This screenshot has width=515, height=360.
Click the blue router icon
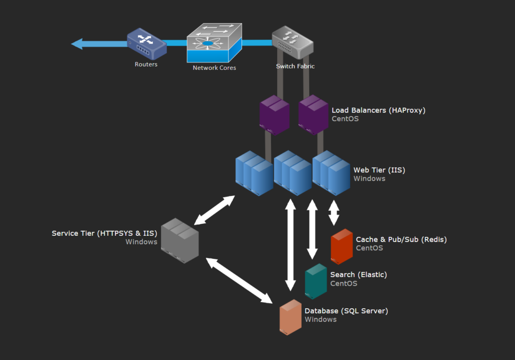pos(147,44)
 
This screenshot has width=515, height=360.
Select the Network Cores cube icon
pos(214,43)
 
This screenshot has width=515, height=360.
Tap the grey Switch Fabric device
pos(293,42)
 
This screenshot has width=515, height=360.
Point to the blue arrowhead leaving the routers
pos(77,44)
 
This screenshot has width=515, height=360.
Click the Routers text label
pos(146,64)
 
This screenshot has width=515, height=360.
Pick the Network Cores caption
pos(214,68)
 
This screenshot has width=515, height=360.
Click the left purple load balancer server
pos(274,115)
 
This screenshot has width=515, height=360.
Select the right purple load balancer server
pos(313,115)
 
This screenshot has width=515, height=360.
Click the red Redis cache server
pos(341,246)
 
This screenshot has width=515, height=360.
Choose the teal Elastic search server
pos(316,281)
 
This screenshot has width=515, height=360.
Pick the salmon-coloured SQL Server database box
pos(290,317)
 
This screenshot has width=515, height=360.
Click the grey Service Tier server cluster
pos(180,240)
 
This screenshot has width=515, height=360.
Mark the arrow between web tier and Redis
pos(334,213)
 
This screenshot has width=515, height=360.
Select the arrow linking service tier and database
pos(239,281)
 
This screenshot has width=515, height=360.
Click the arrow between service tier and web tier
pos(214,210)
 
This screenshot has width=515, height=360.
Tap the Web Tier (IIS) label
pos(379,170)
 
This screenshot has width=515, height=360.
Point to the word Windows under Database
pos(320,319)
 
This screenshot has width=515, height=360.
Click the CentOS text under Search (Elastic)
pos(344,284)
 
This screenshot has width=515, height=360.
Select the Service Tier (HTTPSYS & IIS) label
pos(105,233)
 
